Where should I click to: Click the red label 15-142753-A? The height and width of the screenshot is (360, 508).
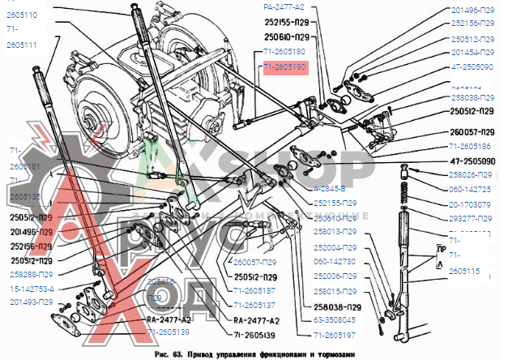pos(32,288)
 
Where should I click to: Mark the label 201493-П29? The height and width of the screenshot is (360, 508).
pos(32,302)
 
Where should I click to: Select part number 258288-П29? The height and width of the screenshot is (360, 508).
pos(32,275)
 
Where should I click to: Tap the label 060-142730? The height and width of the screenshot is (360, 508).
pos(335,261)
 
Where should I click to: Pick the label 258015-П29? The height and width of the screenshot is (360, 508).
pos(335,290)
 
